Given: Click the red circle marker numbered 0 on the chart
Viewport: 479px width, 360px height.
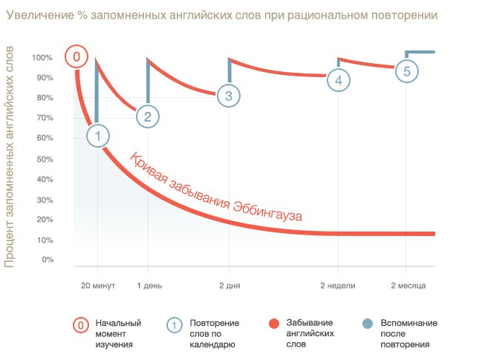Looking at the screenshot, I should (75, 57).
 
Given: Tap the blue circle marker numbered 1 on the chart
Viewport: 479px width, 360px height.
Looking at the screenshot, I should (97, 135).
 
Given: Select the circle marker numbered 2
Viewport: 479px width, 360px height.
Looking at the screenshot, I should (148, 116).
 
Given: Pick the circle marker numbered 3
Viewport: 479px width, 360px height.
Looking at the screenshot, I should (228, 95).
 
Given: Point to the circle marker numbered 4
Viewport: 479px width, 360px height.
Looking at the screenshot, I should (338, 80).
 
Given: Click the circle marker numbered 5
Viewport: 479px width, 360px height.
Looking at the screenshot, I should (405, 71).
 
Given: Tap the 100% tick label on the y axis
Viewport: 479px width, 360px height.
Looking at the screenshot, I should (42, 58).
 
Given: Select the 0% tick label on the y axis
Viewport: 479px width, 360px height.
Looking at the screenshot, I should (46, 260).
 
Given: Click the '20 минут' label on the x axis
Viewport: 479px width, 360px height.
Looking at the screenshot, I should (97, 285).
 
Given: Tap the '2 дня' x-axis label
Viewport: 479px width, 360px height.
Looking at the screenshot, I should (229, 285).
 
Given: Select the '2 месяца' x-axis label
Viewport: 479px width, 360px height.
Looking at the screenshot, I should (407, 285).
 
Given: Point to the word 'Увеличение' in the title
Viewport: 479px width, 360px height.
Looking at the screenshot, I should (41, 15).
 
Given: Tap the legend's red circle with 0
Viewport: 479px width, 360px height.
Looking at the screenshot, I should (79, 324).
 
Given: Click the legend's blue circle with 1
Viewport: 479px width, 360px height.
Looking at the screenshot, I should (174, 324).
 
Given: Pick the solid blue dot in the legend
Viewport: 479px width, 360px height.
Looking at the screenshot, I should (366, 324).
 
